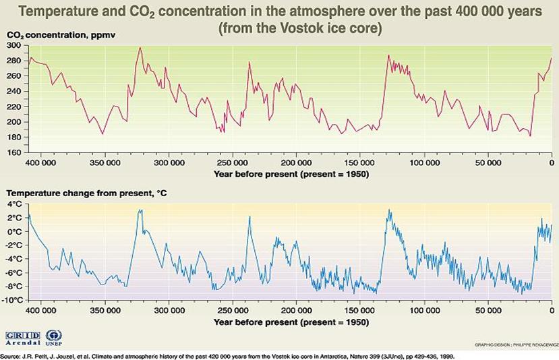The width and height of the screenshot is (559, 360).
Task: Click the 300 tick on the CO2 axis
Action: (x=13, y=45)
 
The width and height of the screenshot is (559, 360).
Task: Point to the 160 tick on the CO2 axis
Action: (x=13, y=153)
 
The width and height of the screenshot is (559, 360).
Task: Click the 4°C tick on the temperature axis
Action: (x=14, y=204)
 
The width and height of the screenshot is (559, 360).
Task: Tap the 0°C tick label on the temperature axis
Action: (x=14, y=231)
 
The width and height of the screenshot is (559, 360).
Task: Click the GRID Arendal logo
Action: (x=22, y=336)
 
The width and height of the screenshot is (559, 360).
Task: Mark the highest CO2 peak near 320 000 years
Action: (x=140, y=48)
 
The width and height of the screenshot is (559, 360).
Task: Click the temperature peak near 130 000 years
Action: (x=389, y=210)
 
